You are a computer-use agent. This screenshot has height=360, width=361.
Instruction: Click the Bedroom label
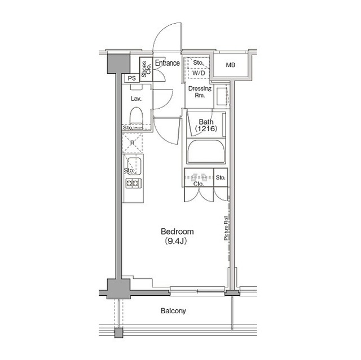pos(177,232)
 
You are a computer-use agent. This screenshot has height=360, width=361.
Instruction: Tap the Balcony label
pos(173,311)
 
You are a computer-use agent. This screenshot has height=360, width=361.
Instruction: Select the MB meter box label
pos(231,65)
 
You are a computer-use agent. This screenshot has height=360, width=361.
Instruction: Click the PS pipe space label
pos(132,78)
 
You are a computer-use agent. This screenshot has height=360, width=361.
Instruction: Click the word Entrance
pos(168,63)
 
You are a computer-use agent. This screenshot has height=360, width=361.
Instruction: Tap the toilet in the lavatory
pos(136,118)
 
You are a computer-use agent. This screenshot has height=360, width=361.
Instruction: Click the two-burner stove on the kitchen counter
pos(133,183)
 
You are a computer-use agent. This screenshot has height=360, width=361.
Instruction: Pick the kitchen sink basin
pos(134,166)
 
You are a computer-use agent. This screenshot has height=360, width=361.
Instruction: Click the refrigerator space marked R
pos(132,143)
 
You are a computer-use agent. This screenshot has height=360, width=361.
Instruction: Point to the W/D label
pos(199,73)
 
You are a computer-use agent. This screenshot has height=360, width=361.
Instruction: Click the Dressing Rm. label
pos(200,92)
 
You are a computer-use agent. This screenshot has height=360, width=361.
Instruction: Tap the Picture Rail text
pos(226,228)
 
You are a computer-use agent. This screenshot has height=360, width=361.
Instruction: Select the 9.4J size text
pos(175,241)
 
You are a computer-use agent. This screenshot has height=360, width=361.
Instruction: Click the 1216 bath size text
pos(206,128)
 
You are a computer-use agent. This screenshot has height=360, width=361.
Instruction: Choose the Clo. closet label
pos(199,184)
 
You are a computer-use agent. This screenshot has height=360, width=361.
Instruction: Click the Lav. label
pos(136,99)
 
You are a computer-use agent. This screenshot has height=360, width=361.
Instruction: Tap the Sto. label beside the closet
pos(221,177)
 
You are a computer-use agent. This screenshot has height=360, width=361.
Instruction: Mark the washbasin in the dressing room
pos(222,96)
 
